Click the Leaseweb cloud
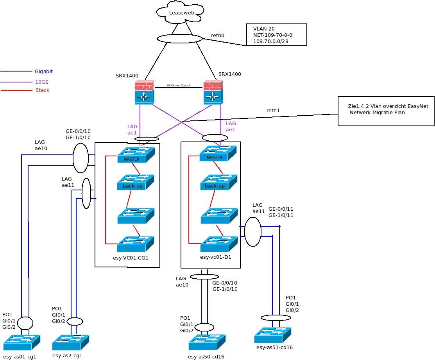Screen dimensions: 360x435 click(x=181, y=13)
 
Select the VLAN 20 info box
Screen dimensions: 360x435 click(x=276, y=35)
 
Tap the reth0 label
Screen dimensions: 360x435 click(x=218, y=35)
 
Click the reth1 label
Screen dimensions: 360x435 click(x=273, y=111)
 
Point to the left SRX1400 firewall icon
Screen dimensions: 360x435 click(x=145, y=92)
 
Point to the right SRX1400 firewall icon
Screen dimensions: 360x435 click(x=213, y=92)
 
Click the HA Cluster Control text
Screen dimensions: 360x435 click(x=179, y=85)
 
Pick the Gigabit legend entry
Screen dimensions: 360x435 click(x=44, y=72)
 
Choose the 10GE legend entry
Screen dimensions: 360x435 click(x=42, y=82)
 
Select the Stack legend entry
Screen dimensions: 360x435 click(x=42, y=90)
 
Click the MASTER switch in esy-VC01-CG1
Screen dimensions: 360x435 click(x=136, y=155)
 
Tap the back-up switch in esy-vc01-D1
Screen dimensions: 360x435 click(x=218, y=182)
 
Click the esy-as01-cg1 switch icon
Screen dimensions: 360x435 click(x=22, y=342)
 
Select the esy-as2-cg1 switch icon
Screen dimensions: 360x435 click(x=70, y=342)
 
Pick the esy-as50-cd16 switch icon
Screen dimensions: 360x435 click(x=207, y=342)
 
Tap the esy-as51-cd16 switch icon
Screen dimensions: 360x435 click(x=273, y=335)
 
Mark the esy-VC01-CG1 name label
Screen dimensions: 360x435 click(x=130, y=258)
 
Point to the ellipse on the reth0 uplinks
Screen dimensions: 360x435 click(x=180, y=38)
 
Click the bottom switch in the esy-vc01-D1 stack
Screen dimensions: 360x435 click(x=218, y=244)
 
